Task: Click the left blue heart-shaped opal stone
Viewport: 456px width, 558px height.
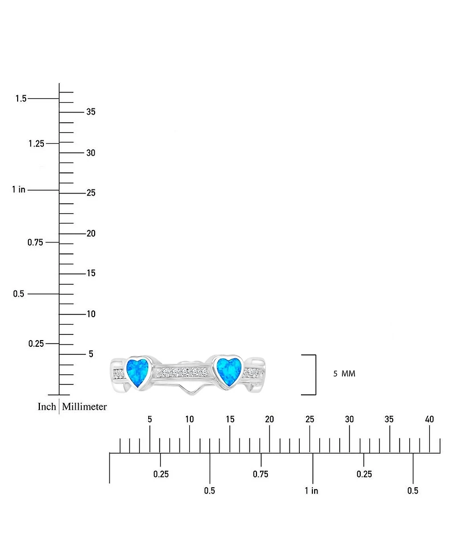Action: click(137, 372)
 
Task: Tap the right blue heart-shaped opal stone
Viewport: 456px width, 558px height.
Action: click(229, 371)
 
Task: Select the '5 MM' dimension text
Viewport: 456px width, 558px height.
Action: click(344, 374)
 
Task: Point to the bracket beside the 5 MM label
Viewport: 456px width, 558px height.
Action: click(315, 375)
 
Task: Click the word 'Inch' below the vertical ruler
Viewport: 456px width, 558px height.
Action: click(47, 406)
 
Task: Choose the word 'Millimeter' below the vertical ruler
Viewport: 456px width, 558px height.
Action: click(84, 406)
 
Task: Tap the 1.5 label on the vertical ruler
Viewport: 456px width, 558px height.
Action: click(21, 98)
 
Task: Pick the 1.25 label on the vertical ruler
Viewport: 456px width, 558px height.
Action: click(36, 143)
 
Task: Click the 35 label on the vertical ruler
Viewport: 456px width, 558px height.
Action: click(91, 112)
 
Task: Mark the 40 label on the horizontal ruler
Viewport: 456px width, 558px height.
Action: click(429, 419)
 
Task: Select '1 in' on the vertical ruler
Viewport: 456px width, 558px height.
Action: click(18, 189)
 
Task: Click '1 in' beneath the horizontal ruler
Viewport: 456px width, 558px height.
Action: click(311, 491)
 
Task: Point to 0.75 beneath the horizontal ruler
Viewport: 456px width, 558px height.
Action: click(260, 474)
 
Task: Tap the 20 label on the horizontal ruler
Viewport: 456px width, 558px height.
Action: click(270, 419)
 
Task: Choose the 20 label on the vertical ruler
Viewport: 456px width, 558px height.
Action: click(91, 233)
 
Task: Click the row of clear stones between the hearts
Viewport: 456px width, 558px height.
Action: click(182, 372)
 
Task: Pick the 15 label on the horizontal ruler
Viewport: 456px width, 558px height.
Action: click(230, 419)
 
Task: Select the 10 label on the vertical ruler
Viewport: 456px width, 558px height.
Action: click(91, 314)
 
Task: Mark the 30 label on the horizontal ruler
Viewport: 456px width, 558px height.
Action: click(349, 419)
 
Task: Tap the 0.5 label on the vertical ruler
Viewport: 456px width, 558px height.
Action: click(18, 294)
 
